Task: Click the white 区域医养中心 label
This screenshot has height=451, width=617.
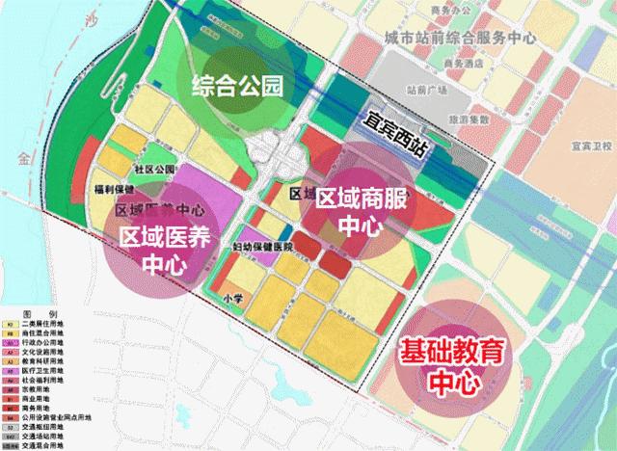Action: [166, 249]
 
